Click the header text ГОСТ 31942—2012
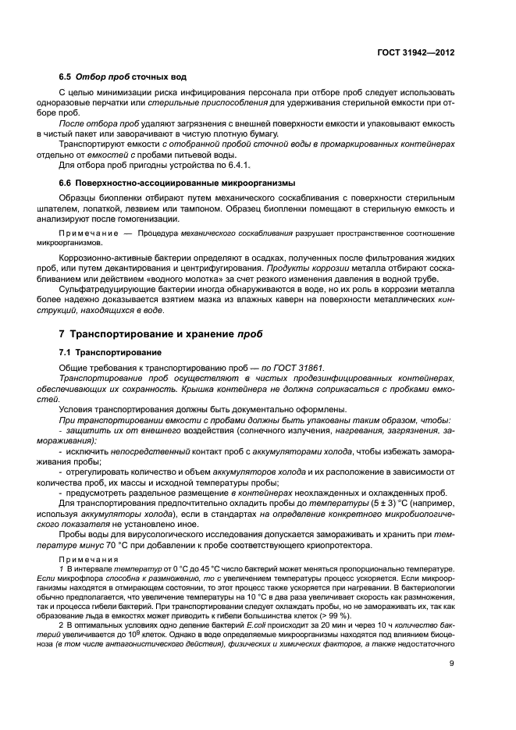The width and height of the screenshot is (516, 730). click(415, 52)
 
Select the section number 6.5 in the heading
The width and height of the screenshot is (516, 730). click(66, 78)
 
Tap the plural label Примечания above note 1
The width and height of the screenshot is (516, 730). click(83, 559)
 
